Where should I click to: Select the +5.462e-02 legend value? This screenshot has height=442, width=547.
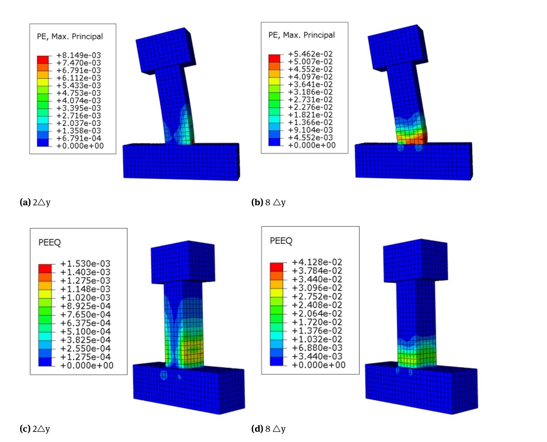[310, 54]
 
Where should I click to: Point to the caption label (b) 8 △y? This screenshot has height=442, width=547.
[268, 202]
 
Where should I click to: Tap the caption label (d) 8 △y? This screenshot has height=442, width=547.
[268, 429]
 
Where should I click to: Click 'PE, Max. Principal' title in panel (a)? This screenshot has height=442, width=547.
[69, 36]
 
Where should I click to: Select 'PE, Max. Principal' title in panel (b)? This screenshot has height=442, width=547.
[301, 35]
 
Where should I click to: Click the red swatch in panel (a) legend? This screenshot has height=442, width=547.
[43, 60]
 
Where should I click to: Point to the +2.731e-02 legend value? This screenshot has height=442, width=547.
[310, 99]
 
